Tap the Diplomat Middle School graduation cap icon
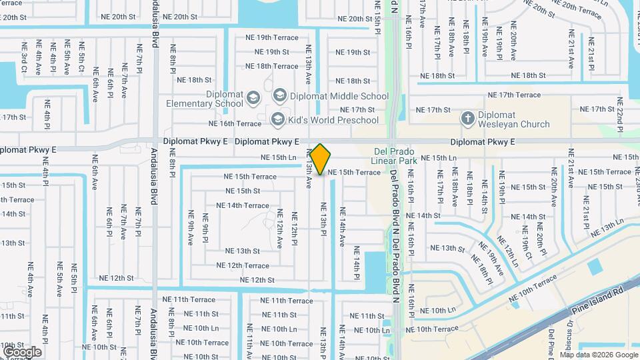[279, 96]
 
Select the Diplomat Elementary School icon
[253, 99]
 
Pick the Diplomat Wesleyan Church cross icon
[468, 119]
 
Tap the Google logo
[22, 351]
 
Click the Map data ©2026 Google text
[599, 355]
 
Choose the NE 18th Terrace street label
[271, 66]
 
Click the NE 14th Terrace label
[243, 205]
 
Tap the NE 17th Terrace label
[514, 95]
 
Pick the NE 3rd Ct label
[24, 58]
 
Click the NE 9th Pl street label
[205, 227]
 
